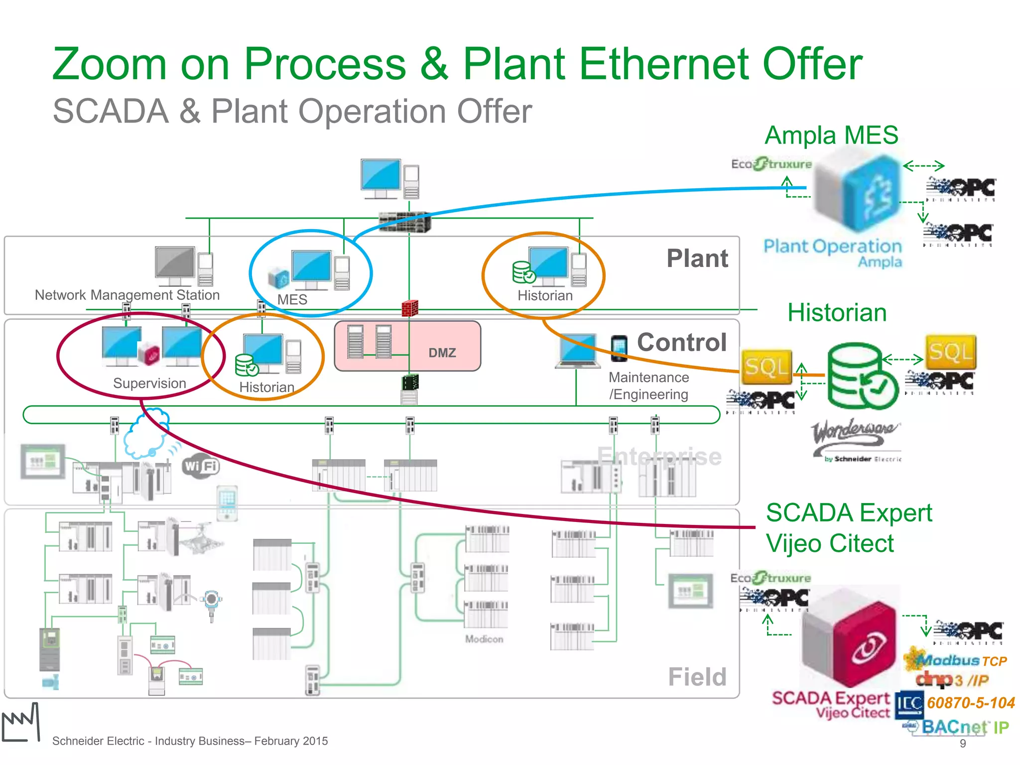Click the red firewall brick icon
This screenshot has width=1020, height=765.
tap(410, 308)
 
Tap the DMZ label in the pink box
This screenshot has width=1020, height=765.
tap(442, 353)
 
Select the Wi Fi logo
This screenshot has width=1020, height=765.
tap(201, 467)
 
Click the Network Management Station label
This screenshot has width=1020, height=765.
tap(127, 295)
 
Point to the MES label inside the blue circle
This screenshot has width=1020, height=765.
tap(292, 299)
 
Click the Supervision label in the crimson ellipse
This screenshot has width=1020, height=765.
tap(149, 383)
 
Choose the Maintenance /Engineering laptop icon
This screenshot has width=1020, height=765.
tap(578, 352)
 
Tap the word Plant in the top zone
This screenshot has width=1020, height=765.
tap(697, 258)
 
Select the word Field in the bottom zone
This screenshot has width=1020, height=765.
tap(697, 677)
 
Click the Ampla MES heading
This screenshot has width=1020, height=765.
tap(831, 135)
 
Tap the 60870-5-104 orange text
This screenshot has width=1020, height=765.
tap(970, 703)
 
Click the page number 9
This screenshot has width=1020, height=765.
tap(963, 744)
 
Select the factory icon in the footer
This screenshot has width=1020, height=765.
tap(20, 723)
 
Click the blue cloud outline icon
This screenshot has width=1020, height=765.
tap(145, 433)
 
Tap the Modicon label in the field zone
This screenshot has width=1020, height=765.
tap(484, 638)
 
